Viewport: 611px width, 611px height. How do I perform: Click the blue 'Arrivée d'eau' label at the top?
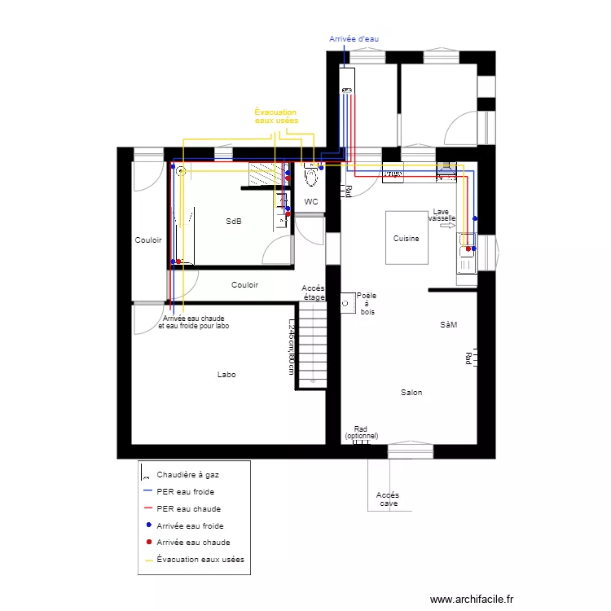(x=354, y=38)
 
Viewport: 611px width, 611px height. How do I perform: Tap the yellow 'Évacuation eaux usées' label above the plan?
(x=276, y=116)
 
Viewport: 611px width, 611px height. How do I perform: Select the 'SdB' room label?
(x=234, y=222)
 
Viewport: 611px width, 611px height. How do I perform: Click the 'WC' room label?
(x=310, y=201)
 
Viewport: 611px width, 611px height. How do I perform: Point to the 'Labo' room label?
(x=226, y=375)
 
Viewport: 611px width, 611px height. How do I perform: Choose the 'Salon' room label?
(x=411, y=393)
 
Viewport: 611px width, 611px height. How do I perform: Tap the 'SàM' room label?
(x=448, y=324)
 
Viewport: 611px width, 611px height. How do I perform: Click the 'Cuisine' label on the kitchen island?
(x=406, y=239)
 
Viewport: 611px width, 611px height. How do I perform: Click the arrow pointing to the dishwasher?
(x=446, y=226)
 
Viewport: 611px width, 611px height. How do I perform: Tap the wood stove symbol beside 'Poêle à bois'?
(x=347, y=302)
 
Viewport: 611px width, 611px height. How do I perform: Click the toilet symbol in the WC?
(x=310, y=174)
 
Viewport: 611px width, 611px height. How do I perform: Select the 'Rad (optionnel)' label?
(x=361, y=433)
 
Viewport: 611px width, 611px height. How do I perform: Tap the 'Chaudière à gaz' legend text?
(x=187, y=474)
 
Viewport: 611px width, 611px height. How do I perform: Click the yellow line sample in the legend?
(x=148, y=560)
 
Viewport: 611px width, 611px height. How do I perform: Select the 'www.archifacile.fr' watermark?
(x=473, y=599)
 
